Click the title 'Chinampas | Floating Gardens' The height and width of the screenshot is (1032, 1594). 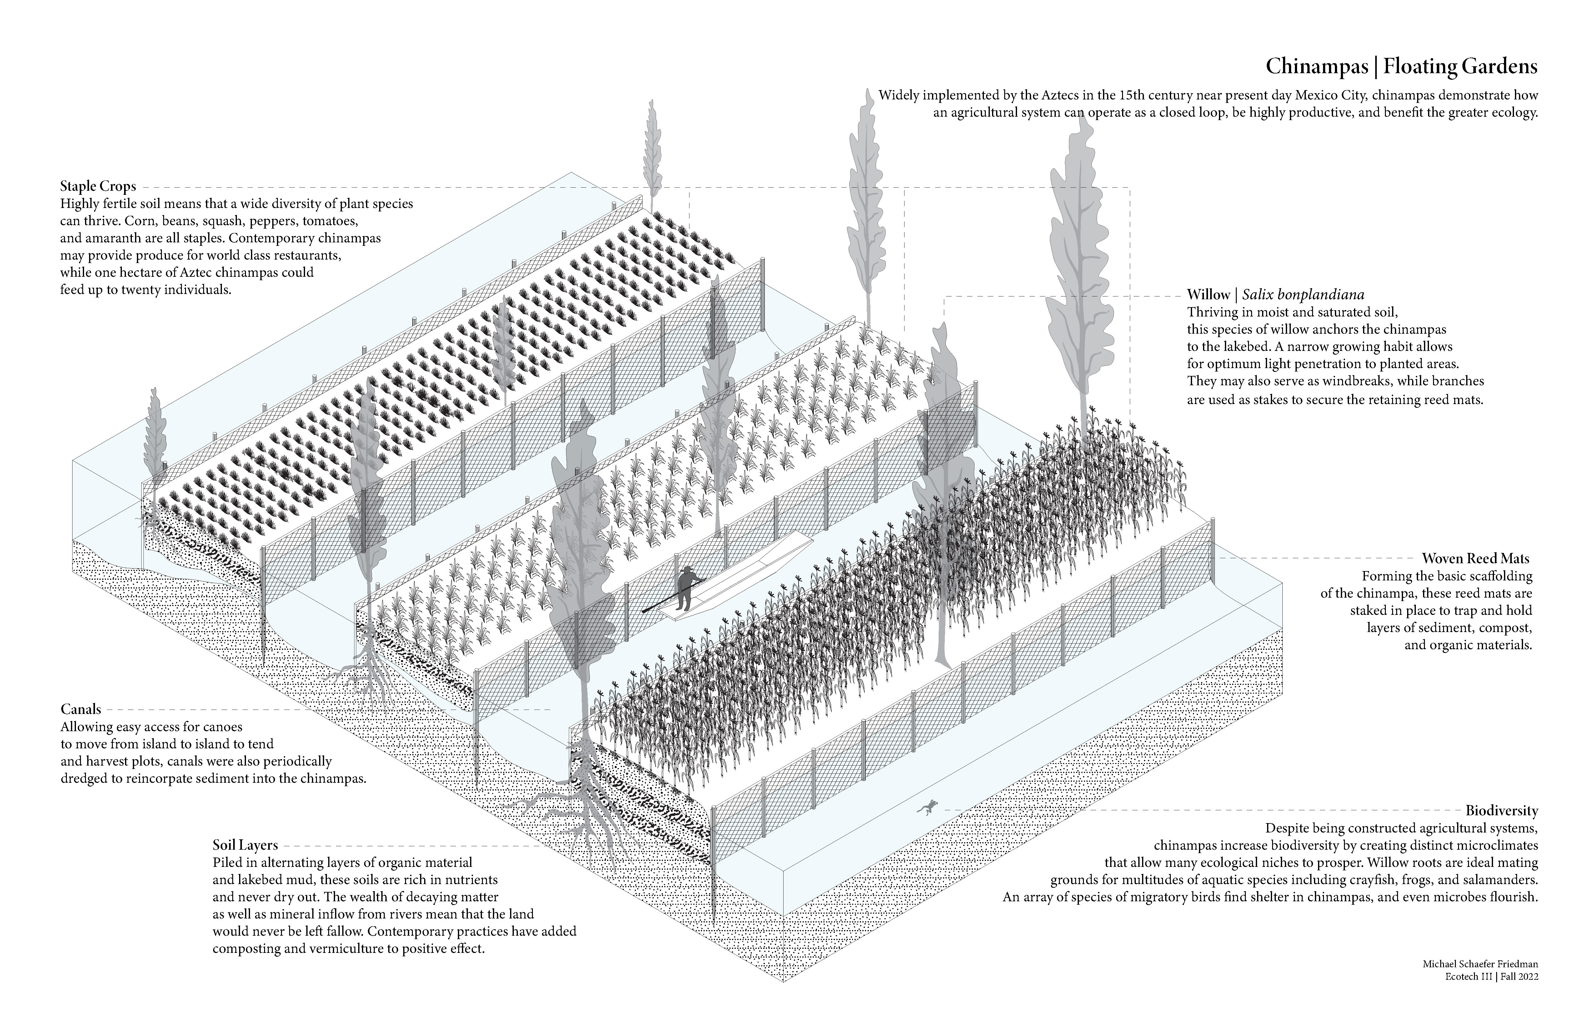[1401, 67]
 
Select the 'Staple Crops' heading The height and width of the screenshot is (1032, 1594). [98, 186]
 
